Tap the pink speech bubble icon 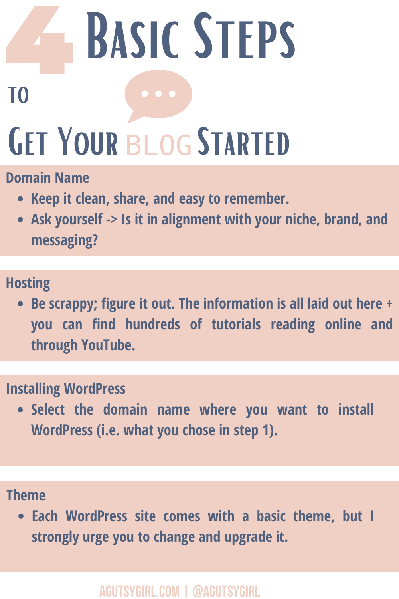(158, 95)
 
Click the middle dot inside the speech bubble (158, 93)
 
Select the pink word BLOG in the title (159, 145)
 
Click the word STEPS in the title (244, 36)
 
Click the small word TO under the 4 (18, 95)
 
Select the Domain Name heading (47, 178)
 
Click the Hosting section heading (28, 283)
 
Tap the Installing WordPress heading (66, 389)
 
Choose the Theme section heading (26, 495)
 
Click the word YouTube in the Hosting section (108, 345)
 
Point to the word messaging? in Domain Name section (65, 240)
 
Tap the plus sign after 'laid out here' (389, 304)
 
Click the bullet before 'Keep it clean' (20, 199)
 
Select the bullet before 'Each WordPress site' (21, 516)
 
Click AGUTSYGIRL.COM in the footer (139, 591)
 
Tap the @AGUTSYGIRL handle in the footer (226, 591)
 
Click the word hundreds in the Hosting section (152, 325)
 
